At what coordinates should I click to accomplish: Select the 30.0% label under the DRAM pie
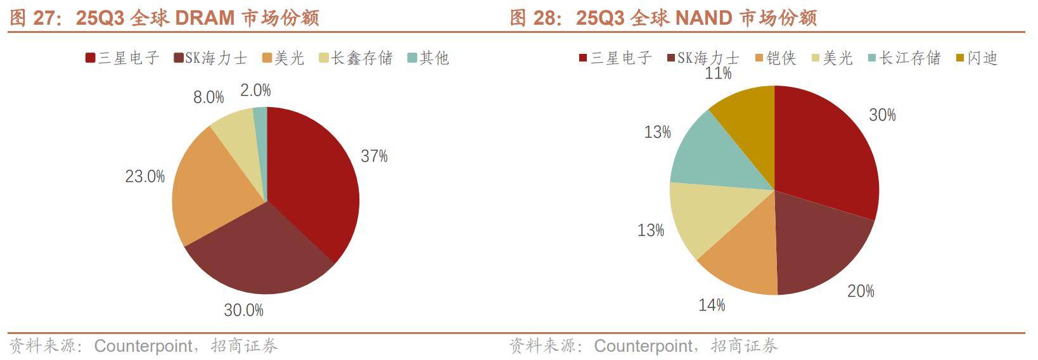[x=243, y=310]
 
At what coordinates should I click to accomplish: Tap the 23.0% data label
[x=144, y=176]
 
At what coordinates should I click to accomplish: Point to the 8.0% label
[x=209, y=97]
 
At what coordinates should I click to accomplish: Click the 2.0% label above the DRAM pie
[x=255, y=90]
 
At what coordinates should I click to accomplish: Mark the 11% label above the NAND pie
[x=718, y=74]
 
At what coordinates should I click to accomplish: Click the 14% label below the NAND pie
[x=712, y=305]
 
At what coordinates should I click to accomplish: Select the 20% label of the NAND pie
[x=861, y=291]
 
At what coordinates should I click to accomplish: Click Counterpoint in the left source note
[x=143, y=346]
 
